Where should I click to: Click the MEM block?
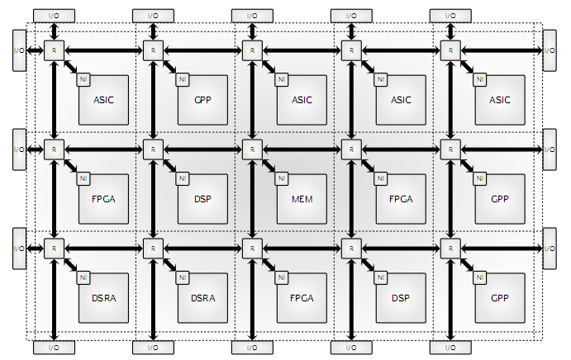point(302,199)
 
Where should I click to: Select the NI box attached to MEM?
point(281,178)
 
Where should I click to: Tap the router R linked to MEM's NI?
point(252,149)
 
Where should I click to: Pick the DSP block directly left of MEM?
point(202,199)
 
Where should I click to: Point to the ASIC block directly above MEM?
point(302,100)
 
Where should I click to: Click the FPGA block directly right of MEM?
point(401,199)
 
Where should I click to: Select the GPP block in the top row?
point(202,100)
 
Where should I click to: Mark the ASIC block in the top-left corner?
point(103,100)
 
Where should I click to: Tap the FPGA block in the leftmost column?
point(103,199)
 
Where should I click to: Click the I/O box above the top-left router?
point(54,15)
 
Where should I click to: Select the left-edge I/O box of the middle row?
point(19,149)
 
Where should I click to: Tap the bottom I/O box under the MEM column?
point(252,347)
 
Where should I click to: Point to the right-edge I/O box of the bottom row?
point(550,248)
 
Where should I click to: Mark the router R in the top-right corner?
point(450,50)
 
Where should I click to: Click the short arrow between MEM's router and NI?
point(266,163)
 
